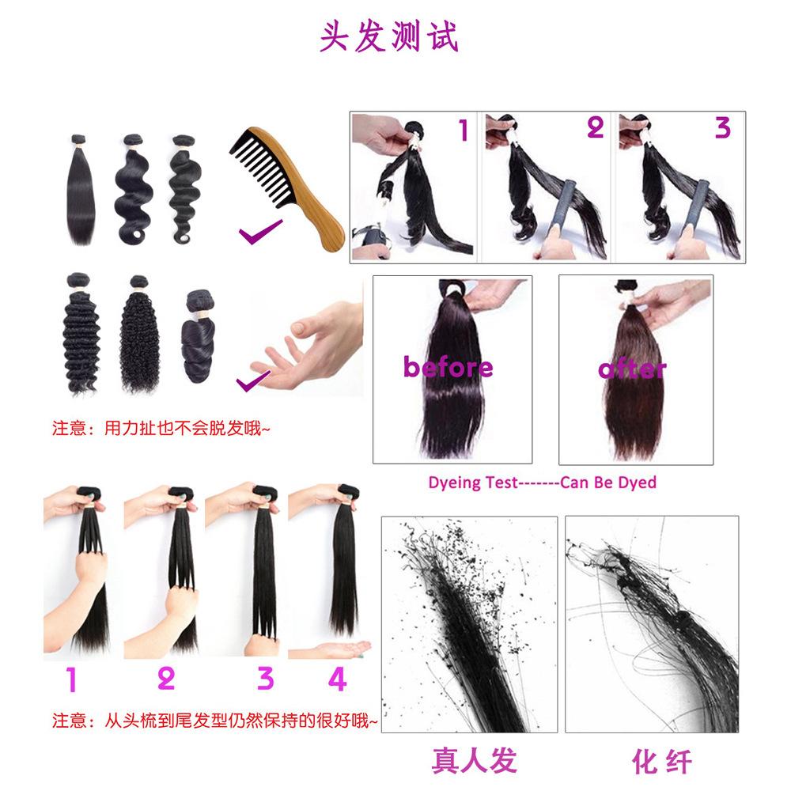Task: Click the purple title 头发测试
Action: point(389,36)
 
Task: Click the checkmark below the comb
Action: point(260,232)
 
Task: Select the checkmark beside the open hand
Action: point(252,380)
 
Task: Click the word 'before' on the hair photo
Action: point(448,366)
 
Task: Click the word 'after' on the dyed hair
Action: point(632,369)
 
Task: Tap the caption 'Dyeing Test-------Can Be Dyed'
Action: point(543,483)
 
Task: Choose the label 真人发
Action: point(475,760)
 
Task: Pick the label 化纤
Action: point(661,761)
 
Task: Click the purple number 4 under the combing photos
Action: point(338,679)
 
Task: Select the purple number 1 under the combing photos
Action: point(72,679)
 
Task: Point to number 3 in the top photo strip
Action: point(723,127)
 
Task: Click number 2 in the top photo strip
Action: point(596,127)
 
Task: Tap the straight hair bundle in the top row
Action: point(81,191)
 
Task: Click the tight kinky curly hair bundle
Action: point(140,334)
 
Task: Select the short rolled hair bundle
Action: point(199,335)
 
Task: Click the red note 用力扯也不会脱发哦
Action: point(161,428)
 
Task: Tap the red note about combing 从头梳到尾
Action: point(214,721)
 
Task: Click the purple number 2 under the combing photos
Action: point(166,679)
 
